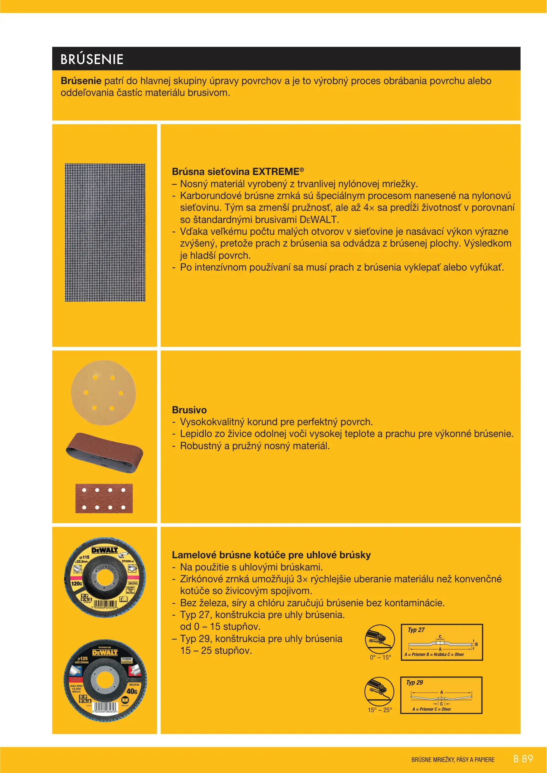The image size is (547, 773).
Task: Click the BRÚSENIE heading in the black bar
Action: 92,59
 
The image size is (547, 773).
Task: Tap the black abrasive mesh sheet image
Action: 105,233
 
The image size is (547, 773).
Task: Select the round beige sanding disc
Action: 103,393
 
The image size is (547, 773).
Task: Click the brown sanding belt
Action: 104,452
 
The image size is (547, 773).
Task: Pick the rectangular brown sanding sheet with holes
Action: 104,499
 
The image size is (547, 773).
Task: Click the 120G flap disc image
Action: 105,577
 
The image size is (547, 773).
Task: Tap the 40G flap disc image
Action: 105,681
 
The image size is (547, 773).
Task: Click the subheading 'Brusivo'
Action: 189,410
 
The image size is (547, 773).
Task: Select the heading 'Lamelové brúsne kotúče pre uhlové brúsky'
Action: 271,555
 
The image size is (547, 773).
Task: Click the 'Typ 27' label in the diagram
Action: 416,630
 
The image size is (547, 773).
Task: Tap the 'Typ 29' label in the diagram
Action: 414,682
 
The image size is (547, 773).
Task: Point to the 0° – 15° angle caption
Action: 380,657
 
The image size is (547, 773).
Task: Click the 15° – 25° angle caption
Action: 380,710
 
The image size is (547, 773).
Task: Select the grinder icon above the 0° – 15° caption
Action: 380,639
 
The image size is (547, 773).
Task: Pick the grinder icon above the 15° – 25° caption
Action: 379,692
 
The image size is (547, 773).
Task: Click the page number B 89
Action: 523,759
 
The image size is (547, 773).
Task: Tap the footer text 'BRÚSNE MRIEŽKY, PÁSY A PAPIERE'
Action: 453,760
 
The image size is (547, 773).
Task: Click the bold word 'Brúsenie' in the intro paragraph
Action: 81,81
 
